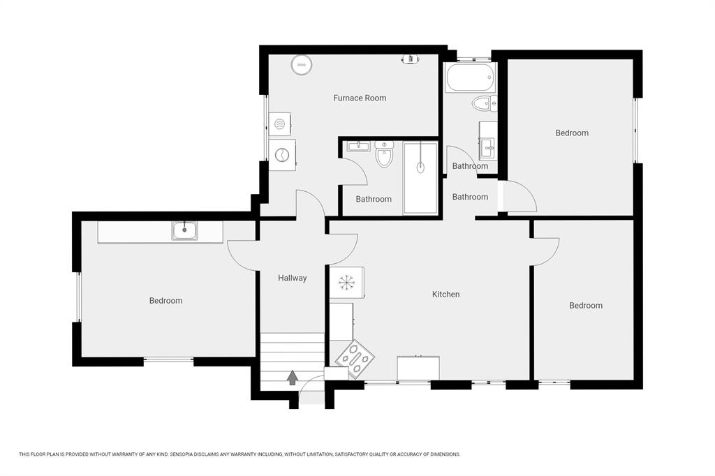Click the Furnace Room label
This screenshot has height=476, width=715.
pos(360,98)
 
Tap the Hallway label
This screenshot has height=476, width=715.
pos(293,278)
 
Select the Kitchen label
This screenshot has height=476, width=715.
pos(445,295)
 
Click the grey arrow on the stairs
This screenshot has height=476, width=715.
pos(293,378)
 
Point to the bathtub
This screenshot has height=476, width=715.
pos(471,77)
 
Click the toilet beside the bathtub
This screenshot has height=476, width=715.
pos(485,103)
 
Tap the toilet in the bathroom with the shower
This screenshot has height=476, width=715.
pos(384,154)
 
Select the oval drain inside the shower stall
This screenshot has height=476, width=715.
pos(420,168)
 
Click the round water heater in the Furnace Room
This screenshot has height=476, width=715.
pos(302,65)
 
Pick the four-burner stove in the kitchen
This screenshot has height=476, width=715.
pos(355,359)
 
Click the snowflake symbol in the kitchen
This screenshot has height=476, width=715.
pos(346,283)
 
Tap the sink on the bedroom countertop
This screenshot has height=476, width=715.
pos(184,230)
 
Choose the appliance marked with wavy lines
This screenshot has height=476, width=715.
pos(279,124)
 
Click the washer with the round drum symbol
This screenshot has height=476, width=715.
pos(282,155)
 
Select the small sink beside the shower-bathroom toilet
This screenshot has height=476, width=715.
pos(359,146)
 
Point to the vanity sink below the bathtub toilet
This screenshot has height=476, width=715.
pos(488,147)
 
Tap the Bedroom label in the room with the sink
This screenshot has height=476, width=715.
pos(165,301)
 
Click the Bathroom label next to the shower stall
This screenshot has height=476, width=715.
pos(374,199)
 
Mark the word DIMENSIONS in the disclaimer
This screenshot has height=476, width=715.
pos(446,454)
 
